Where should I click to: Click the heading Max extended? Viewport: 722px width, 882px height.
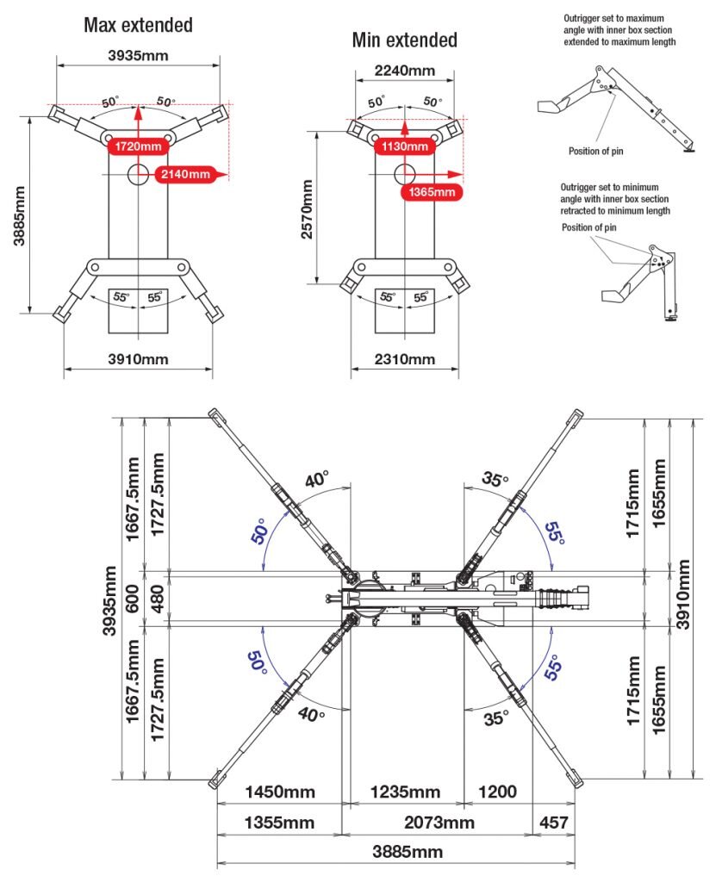(138, 25)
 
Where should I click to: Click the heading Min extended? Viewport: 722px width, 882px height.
(404, 40)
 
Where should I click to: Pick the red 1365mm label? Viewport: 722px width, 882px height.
(431, 191)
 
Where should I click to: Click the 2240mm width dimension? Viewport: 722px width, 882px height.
(404, 71)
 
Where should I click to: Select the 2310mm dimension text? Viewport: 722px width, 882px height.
(404, 359)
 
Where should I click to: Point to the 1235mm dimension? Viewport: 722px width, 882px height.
(405, 792)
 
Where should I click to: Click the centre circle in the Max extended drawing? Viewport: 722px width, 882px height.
(138, 174)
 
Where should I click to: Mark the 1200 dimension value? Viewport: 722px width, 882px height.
(497, 792)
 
